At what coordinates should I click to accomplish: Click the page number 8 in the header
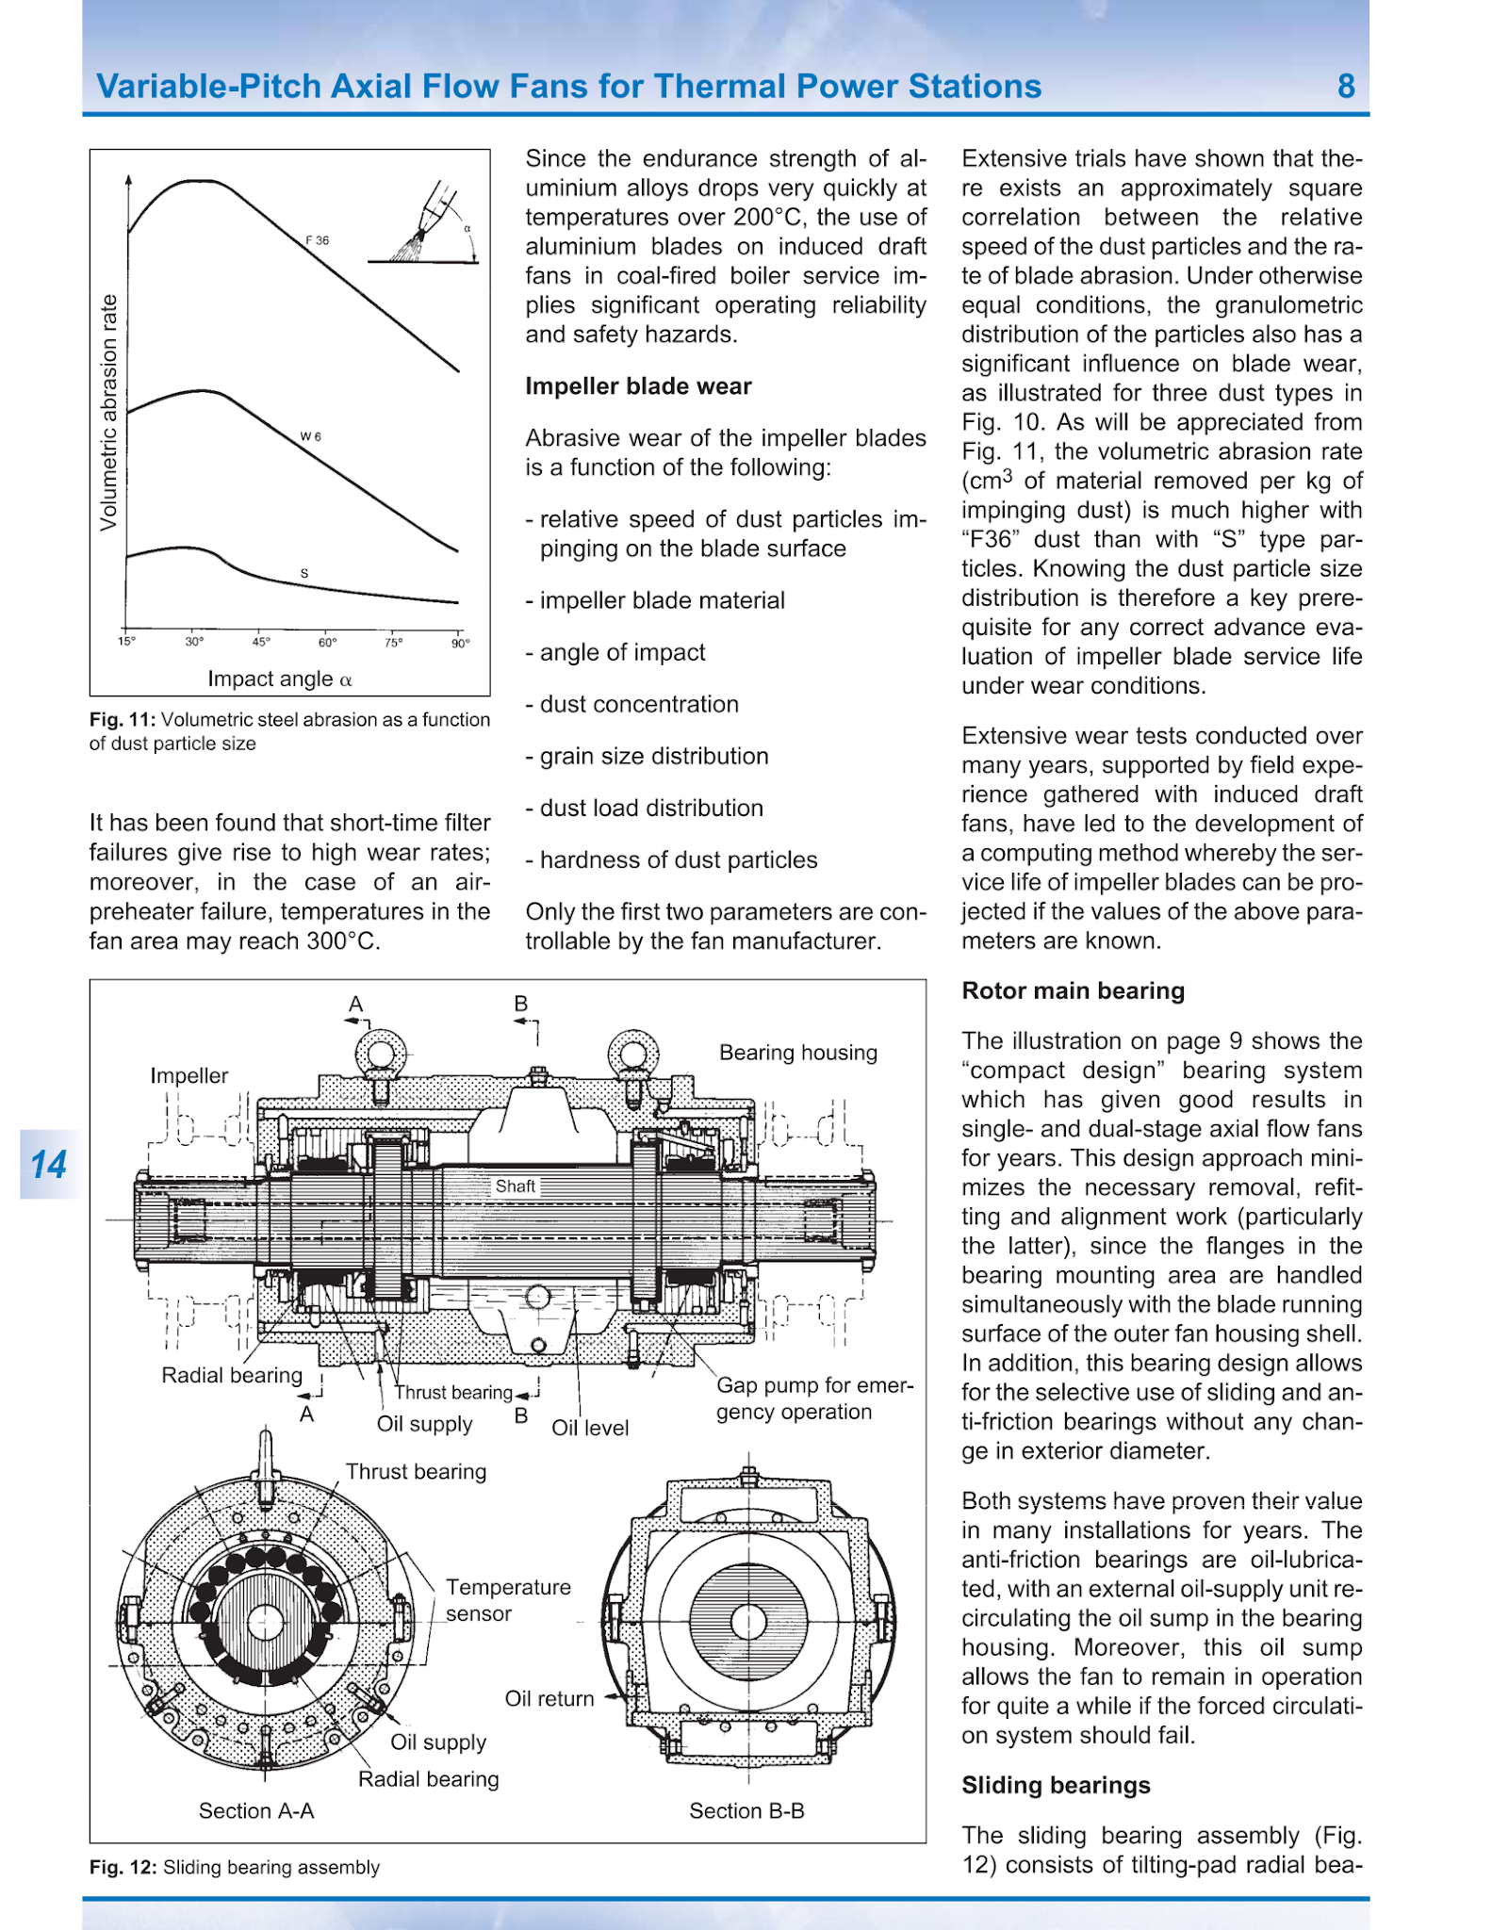click(x=1346, y=87)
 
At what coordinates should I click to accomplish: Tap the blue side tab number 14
click(x=49, y=1165)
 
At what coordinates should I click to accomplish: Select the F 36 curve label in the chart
click(x=318, y=240)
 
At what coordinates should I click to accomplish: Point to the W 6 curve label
click(x=311, y=436)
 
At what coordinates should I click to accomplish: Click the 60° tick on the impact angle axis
click(x=327, y=643)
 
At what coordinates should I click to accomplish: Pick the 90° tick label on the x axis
click(x=460, y=643)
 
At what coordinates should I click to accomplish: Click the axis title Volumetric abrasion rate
click(x=109, y=412)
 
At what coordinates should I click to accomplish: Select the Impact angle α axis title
click(x=280, y=679)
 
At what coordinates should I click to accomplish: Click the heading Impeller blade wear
click(x=638, y=386)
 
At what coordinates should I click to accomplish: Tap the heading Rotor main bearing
click(x=1073, y=990)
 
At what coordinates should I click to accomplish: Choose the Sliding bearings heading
click(x=1056, y=1785)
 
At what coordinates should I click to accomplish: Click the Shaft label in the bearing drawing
click(x=516, y=1186)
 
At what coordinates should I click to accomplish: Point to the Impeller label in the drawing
click(x=189, y=1075)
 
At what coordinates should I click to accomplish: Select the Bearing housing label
click(x=798, y=1053)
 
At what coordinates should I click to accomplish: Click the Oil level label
click(x=590, y=1428)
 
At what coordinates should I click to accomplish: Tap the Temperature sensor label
click(x=508, y=1600)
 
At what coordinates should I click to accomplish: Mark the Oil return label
click(x=549, y=1698)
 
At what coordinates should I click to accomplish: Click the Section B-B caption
click(x=746, y=1810)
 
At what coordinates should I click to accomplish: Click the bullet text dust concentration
click(x=639, y=704)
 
